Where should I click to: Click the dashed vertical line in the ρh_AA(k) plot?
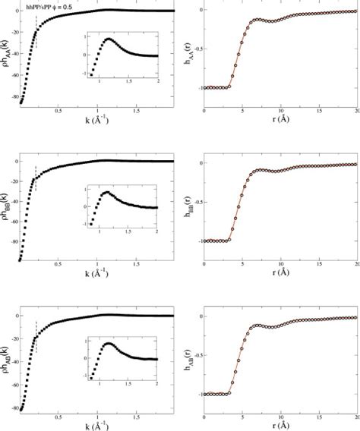[36, 36]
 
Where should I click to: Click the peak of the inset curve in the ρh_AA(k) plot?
[109, 39]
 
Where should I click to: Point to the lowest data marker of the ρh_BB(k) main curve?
[21, 260]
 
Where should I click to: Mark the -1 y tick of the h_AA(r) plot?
[197, 87]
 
